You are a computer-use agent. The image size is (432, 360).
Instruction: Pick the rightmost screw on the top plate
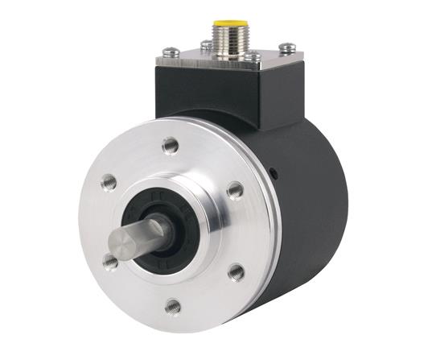click(287, 49)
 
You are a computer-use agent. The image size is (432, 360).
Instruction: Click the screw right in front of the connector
click(252, 57)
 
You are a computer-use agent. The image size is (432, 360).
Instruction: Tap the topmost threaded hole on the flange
click(170, 145)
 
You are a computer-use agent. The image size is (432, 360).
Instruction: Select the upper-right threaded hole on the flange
click(235, 190)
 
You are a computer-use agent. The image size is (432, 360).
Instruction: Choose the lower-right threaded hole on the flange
click(237, 271)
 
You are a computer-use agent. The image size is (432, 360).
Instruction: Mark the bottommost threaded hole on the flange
click(172, 305)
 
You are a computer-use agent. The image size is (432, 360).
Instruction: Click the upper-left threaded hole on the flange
click(108, 182)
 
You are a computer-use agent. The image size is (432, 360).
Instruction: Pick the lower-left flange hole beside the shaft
click(110, 260)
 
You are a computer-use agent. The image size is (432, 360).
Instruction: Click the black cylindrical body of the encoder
click(310, 217)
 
